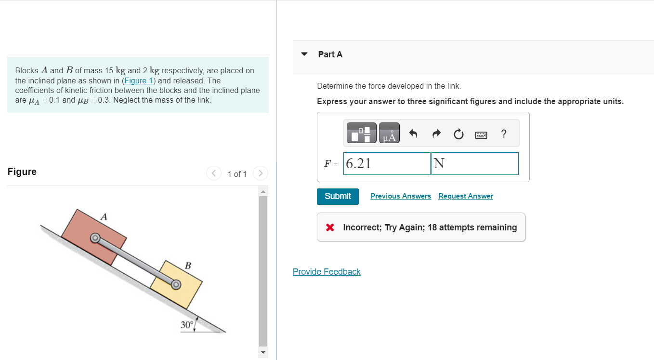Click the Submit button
coord(338,196)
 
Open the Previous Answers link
coord(401,196)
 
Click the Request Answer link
coord(466,196)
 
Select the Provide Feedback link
coord(327,272)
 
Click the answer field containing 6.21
coord(387,164)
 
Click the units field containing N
coord(475,164)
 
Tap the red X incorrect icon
coord(330,227)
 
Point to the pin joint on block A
coord(95,238)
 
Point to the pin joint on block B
coord(176,285)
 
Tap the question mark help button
coord(504,133)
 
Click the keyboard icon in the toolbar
coord(482,134)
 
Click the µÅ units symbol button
coord(389,133)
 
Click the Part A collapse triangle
coord(304,54)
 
